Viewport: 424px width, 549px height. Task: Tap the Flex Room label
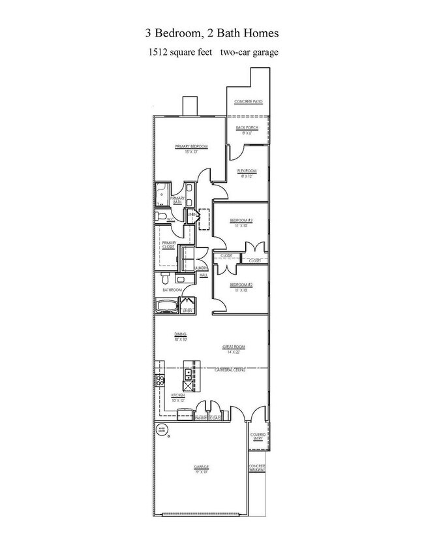(247, 171)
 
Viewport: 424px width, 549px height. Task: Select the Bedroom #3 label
(241, 221)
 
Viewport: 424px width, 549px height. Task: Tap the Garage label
(200, 467)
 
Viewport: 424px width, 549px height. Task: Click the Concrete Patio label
(248, 102)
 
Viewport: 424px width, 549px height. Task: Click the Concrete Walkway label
(258, 469)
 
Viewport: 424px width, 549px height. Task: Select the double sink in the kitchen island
(188, 374)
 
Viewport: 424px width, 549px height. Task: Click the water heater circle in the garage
(162, 430)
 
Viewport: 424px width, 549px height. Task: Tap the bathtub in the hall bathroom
(167, 306)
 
